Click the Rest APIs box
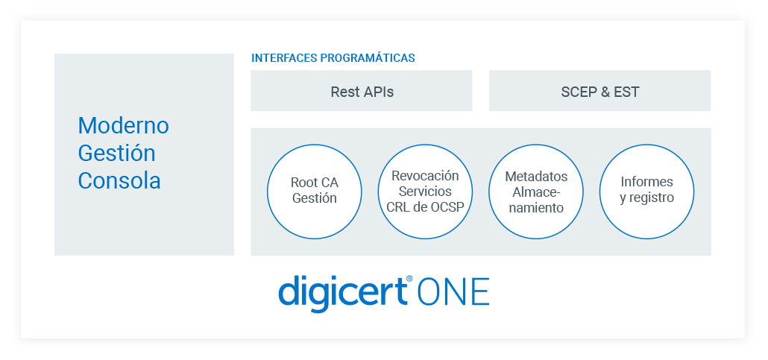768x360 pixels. [x=361, y=91]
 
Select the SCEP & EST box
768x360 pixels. [x=599, y=91]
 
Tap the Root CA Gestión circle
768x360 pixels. [x=314, y=191]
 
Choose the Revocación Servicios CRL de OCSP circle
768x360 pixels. [x=425, y=191]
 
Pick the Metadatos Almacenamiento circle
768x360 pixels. [x=536, y=191]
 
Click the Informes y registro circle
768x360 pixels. [x=646, y=191]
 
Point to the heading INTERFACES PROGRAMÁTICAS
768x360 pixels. [x=333, y=58]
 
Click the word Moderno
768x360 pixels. [x=123, y=125]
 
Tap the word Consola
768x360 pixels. [x=119, y=180]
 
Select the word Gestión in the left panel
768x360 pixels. [x=117, y=153]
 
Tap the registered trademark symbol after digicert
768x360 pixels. [x=409, y=279]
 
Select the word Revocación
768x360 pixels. [x=425, y=176]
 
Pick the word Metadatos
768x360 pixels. [x=536, y=177]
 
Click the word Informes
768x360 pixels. [x=646, y=182]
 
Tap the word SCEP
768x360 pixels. [x=579, y=92]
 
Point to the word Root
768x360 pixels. [x=303, y=183]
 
